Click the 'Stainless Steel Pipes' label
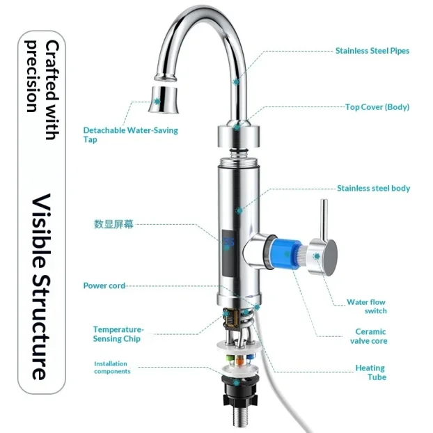point(372,51)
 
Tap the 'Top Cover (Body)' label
point(377,107)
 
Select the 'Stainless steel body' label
point(373,189)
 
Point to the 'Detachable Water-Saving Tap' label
point(131,135)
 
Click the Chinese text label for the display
point(113,224)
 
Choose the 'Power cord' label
point(104,285)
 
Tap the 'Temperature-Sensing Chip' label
point(118,334)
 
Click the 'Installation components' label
point(112,368)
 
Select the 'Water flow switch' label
point(367,306)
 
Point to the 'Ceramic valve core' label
point(369,336)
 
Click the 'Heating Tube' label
point(371,372)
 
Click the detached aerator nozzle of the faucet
point(164,100)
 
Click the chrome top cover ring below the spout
point(239,136)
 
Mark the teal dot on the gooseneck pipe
point(236,82)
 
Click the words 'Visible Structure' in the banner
point(42,287)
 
